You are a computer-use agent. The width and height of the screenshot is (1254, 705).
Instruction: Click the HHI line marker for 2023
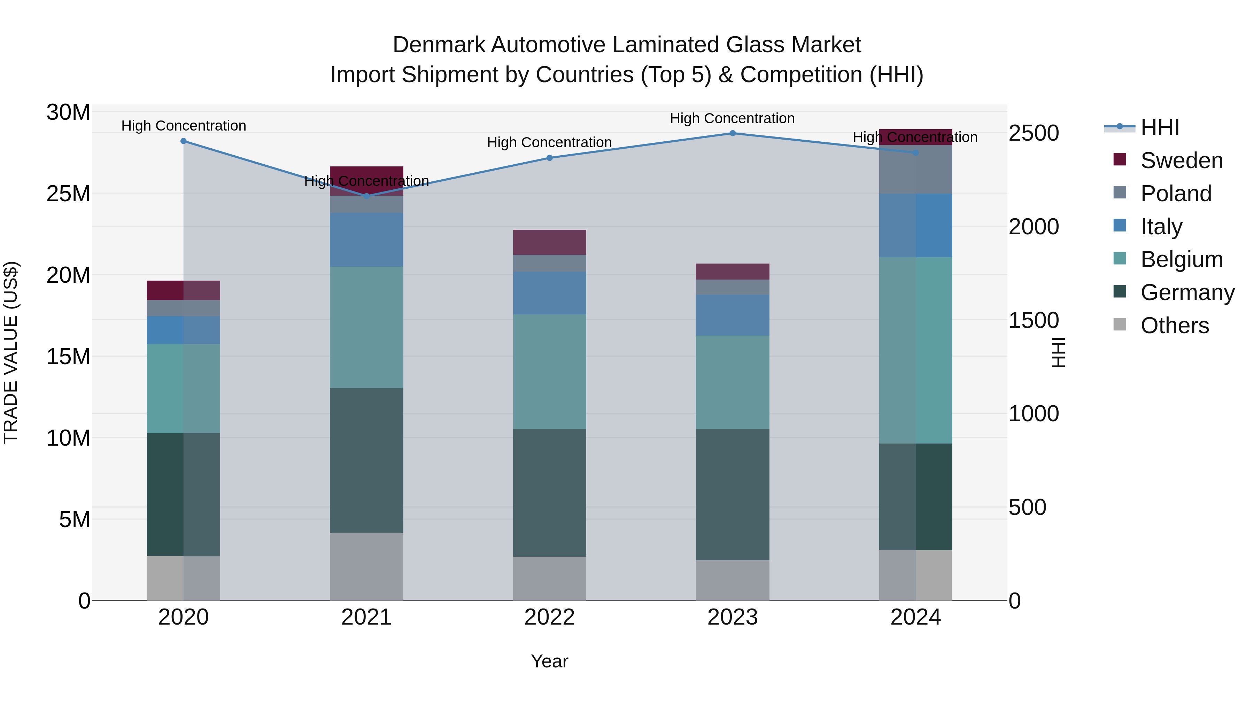tap(732, 133)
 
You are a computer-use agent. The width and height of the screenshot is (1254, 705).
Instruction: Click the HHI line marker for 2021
tap(366, 196)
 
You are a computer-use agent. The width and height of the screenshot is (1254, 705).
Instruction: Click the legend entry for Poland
tap(1176, 194)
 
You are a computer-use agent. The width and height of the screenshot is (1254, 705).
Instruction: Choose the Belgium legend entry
tap(1182, 259)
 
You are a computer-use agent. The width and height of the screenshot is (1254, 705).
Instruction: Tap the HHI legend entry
tap(1160, 127)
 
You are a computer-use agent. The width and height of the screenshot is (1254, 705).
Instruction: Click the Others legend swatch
tap(1120, 324)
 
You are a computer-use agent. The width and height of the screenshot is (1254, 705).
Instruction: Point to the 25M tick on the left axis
tap(68, 194)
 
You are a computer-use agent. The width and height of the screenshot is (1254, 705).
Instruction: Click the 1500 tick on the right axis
tap(1034, 320)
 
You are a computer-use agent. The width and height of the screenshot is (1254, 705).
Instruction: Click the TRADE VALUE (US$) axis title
tap(11, 352)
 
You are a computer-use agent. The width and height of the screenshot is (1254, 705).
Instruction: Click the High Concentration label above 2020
tap(184, 126)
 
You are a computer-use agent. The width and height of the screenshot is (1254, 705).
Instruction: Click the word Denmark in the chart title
tap(439, 45)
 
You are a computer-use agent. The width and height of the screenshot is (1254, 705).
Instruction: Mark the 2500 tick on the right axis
tap(1034, 133)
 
